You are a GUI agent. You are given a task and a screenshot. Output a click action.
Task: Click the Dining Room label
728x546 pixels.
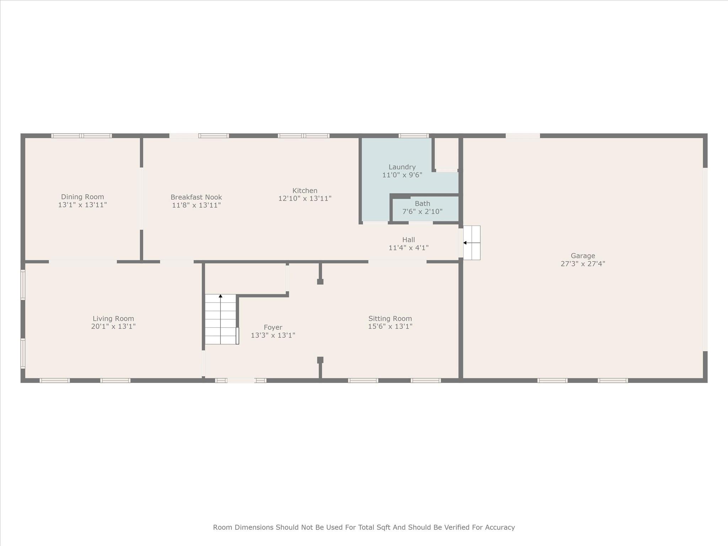pos(82,197)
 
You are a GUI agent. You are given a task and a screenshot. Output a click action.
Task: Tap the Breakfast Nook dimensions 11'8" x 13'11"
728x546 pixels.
pos(196,205)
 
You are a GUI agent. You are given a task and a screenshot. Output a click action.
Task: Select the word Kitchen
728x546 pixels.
pos(305,191)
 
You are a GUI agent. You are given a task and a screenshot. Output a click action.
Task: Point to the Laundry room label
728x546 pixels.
pos(402,167)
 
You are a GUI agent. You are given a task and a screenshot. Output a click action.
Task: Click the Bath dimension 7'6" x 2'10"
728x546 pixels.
pos(422,212)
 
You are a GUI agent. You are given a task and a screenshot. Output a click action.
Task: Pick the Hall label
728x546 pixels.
pos(408,240)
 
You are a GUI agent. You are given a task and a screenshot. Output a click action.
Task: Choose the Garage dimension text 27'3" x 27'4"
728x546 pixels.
pos(583,264)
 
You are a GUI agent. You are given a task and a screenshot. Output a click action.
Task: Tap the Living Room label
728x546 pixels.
pos(113,318)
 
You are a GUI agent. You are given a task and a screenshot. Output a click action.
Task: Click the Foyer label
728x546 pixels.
pos(273,327)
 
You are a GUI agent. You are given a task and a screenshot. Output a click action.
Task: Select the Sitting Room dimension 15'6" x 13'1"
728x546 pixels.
pos(390,326)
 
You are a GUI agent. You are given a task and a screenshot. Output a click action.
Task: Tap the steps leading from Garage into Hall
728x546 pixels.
pos(472,243)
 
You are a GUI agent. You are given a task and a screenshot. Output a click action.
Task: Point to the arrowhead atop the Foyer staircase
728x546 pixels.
pos(220,296)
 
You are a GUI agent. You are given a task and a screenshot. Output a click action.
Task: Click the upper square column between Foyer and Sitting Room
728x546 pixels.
pos(320,282)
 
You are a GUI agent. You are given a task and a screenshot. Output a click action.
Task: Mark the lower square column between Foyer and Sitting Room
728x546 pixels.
pos(320,360)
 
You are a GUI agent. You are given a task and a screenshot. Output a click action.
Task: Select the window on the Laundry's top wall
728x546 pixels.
pos(413,135)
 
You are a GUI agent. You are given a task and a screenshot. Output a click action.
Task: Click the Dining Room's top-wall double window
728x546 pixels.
pos(82,135)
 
